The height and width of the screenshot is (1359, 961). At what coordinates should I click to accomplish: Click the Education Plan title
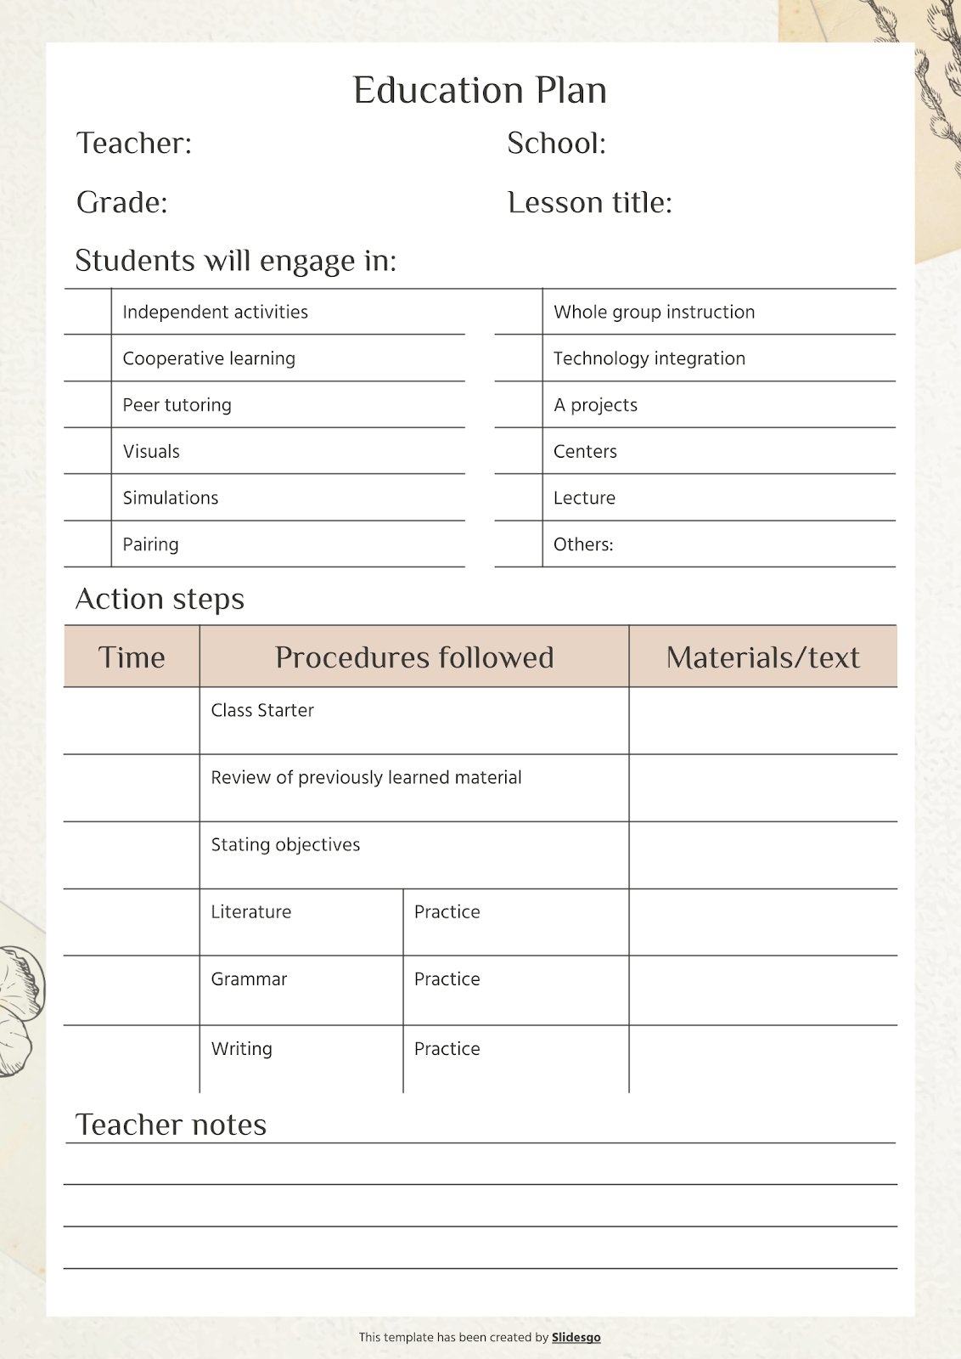pyautogui.click(x=480, y=91)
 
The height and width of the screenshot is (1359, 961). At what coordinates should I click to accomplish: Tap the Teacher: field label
pyautogui.click(x=134, y=144)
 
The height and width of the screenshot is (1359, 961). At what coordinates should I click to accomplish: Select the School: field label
pyautogui.click(x=556, y=144)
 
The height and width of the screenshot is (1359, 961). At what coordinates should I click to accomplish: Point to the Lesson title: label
pyautogui.click(x=589, y=203)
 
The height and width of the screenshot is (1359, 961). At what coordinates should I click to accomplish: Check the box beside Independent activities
pyautogui.click(x=87, y=312)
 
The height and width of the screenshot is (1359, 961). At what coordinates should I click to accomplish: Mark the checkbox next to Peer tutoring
pyautogui.click(x=87, y=404)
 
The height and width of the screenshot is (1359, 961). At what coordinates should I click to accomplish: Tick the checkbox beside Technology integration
pyautogui.click(x=518, y=358)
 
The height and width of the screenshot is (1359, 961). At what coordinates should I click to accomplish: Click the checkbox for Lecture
pyautogui.click(x=518, y=498)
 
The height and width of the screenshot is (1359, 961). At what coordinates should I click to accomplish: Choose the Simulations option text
pyautogui.click(x=171, y=498)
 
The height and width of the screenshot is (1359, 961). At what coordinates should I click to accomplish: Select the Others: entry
pyautogui.click(x=583, y=544)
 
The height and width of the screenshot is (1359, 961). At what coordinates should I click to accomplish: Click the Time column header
pyautogui.click(x=132, y=657)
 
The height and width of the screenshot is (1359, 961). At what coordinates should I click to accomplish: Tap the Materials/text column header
pyautogui.click(x=762, y=657)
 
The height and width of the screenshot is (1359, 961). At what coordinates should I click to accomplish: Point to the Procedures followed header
pyautogui.click(x=414, y=657)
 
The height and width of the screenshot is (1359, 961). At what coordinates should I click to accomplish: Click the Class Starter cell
pyautogui.click(x=262, y=710)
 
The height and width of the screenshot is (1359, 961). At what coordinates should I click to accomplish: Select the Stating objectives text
pyautogui.click(x=285, y=844)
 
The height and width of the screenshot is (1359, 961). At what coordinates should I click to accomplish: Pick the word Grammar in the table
pyautogui.click(x=249, y=979)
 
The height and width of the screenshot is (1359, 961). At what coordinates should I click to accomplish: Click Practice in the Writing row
pyautogui.click(x=447, y=1049)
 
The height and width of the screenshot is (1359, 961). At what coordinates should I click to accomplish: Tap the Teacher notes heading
pyautogui.click(x=171, y=1125)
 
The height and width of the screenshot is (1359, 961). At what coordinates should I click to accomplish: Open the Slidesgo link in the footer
pyautogui.click(x=576, y=1337)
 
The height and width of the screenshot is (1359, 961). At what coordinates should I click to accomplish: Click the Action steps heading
pyautogui.click(x=160, y=600)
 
